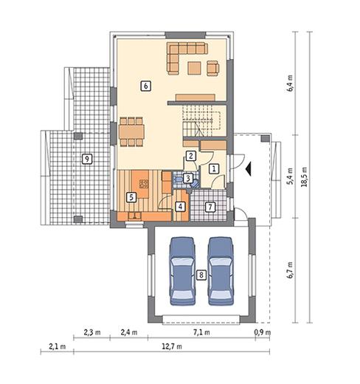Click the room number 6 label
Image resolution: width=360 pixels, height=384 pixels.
(x=146, y=86)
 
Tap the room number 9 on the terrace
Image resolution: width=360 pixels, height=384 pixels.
(x=87, y=159)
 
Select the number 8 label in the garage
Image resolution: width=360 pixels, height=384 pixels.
(x=201, y=275)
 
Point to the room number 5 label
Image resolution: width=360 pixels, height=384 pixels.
(x=131, y=197)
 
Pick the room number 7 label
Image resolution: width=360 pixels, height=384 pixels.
(x=210, y=207)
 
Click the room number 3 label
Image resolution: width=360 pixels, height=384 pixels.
(x=188, y=178)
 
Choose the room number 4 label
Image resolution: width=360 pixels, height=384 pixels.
(x=180, y=206)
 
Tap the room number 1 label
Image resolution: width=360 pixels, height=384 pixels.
(x=214, y=169)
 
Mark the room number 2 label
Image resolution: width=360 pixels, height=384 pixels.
(x=191, y=156)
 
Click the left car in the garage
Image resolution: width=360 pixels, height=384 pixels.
(x=182, y=271)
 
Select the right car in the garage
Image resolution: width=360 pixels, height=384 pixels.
(x=221, y=271)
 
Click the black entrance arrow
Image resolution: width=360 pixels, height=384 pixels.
(x=248, y=168)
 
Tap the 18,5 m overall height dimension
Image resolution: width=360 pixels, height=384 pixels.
(x=305, y=176)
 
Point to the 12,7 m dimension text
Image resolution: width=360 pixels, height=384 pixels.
(x=172, y=346)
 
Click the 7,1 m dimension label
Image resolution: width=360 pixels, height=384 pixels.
(x=201, y=332)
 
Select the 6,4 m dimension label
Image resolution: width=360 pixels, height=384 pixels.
(x=290, y=83)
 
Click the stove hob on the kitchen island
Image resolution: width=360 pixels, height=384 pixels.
(x=144, y=184)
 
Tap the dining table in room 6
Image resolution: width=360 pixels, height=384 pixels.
(x=131, y=131)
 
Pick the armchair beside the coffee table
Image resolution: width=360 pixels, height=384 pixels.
(x=213, y=68)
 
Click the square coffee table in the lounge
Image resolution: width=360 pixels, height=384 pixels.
(x=194, y=68)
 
